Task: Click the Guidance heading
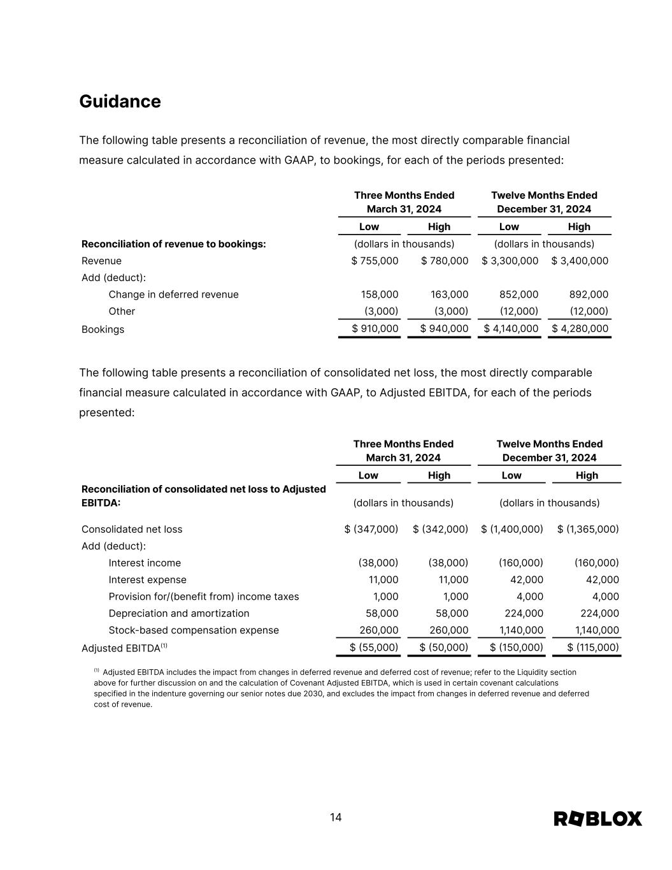click(x=120, y=101)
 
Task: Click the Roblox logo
click(x=597, y=818)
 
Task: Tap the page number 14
click(x=336, y=818)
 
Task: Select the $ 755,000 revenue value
click(x=375, y=261)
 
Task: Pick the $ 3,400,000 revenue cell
click(x=580, y=261)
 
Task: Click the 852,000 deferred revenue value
click(x=520, y=294)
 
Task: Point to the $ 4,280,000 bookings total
click(x=580, y=329)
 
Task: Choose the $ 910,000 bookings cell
click(x=375, y=329)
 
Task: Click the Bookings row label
click(x=103, y=330)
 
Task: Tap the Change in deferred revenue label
click(x=173, y=294)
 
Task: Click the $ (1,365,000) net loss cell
click(x=588, y=529)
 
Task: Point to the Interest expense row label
click(x=147, y=580)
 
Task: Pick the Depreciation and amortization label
click(x=179, y=613)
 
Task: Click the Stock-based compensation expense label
click(x=194, y=630)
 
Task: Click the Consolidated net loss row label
click(x=132, y=529)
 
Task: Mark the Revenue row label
click(x=101, y=261)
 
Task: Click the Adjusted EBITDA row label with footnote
click(x=124, y=648)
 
